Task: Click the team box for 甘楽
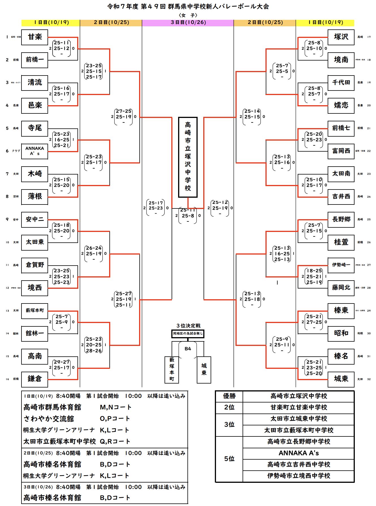pyautogui.click(x=34, y=37)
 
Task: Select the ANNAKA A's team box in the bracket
pyautogui.click(x=34, y=151)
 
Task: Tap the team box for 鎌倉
pyautogui.click(x=34, y=379)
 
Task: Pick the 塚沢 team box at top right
pyautogui.click(x=341, y=37)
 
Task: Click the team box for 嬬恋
pyautogui.click(x=341, y=105)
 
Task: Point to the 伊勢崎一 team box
pyautogui.click(x=341, y=265)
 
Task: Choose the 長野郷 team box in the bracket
pyautogui.click(x=341, y=219)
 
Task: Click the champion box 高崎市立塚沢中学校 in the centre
pyautogui.click(x=188, y=157)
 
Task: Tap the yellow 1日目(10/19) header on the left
pyautogui.click(x=51, y=23)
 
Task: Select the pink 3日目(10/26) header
pyautogui.click(x=188, y=23)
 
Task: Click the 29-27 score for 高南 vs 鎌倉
pyautogui.click(x=62, y=362)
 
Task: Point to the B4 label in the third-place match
pyautogui.click(x=188, y=349)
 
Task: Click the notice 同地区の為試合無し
pyautogui.click(x=188, y=334)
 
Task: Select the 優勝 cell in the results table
pyautogui.click(x=229, y=396)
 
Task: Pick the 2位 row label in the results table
pyautogui.click(x=229, y=408)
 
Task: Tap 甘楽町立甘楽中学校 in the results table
pyautogui.click(x=299, y=408)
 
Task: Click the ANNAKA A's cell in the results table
pyautogui.click(x=299, y=453)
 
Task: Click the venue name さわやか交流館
pyautogui.click(x=49, y=419)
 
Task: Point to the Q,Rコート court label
pyautogui.click(x=115, y=442)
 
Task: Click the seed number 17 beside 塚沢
pyautogui.click(x=369, y=37)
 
